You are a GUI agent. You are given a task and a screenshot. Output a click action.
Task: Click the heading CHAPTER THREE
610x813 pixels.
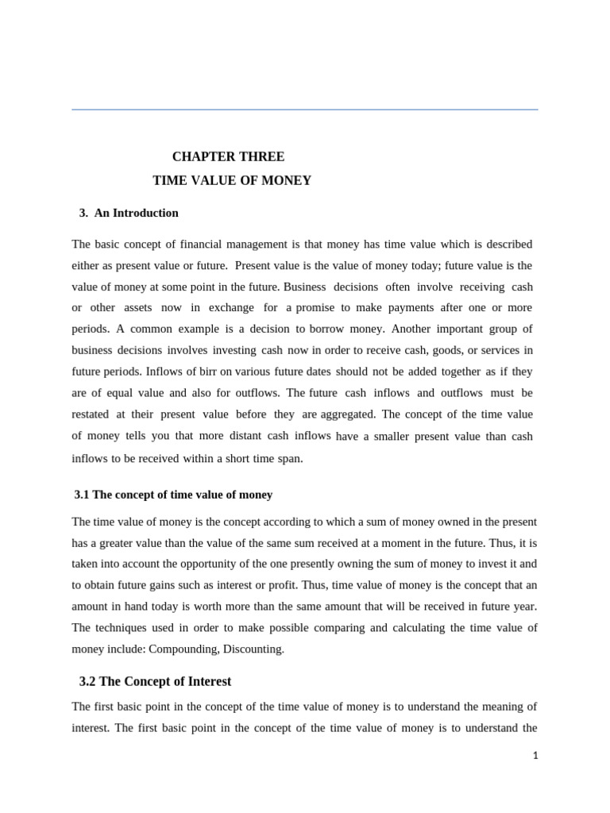coord(228,156)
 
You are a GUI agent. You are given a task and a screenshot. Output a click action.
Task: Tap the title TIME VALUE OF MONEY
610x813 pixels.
coord(232,180)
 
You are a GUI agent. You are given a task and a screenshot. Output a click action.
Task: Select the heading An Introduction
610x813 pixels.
coord(136,213)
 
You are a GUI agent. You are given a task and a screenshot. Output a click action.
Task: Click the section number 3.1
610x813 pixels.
coord(82,495)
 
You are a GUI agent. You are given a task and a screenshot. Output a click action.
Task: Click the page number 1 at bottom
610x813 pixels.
coord(535,756)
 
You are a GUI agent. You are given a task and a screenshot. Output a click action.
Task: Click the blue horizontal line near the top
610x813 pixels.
coord(304,110)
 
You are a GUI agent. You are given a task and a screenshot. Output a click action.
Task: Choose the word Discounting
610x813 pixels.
coord(255,649)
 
